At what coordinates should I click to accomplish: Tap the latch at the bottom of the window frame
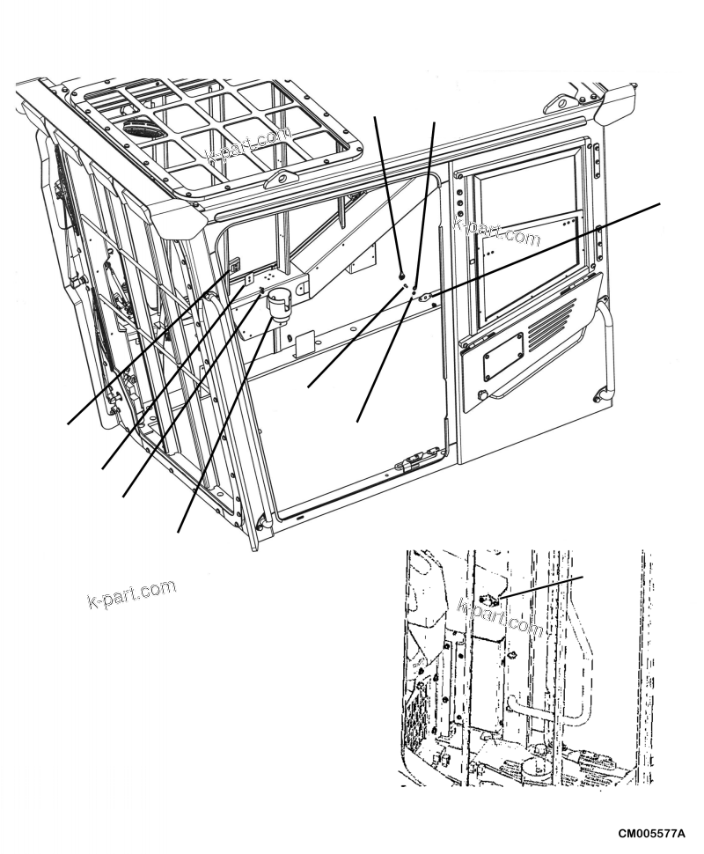pyautogui.click(x=411, y=462)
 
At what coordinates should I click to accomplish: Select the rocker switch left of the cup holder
pyautogui.click(x=236, y=265)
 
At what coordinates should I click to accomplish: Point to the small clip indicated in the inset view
pyautogui.click(x=492, y=600)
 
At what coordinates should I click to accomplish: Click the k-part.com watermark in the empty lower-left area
pyautogui.click(x=132, y=594)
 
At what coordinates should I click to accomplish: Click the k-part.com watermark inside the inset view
pyautogui.click(x=499, y=616)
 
